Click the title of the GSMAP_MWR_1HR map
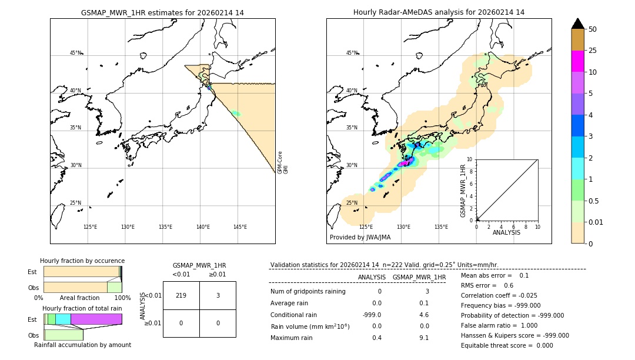pos(162,12)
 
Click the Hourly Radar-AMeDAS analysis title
pos(439,12)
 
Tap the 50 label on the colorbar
pos(593,29)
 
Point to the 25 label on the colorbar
pos(593,51)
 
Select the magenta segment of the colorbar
pos(578,61)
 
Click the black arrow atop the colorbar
pos(578,24)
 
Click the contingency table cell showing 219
pos(181,295)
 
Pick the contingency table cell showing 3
pos(218,295)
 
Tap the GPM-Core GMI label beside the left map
pos(283,162)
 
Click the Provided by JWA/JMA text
pos(360,238)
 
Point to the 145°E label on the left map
pos(240,227)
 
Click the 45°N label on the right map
pos(352,53)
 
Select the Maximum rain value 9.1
pos(424,338)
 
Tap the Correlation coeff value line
pos(499,295)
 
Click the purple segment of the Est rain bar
pos(96,319)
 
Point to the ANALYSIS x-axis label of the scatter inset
pos(506,232)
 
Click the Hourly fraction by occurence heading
pos(82,261)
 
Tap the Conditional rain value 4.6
pos(424,315)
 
